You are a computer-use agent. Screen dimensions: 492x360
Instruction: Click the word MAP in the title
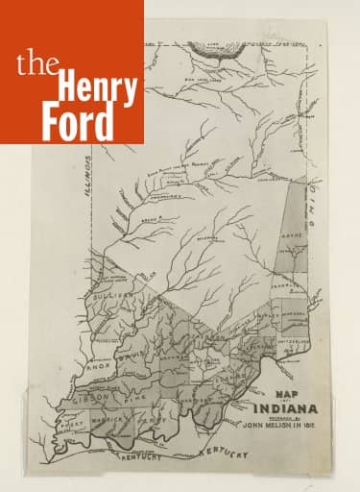284,393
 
